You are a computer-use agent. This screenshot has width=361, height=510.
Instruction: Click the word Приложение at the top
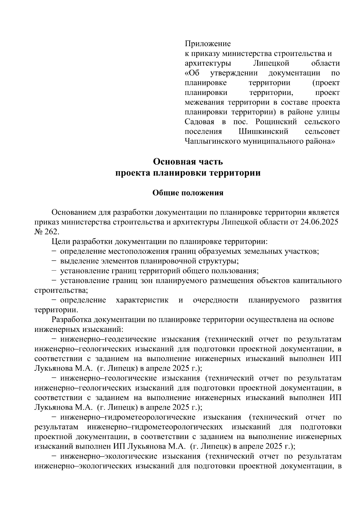coord(208,44)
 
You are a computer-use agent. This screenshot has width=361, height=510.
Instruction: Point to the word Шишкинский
coord(263,132)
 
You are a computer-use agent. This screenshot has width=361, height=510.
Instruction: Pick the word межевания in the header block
coord(204,102)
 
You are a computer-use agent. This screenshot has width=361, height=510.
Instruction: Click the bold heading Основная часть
coord(188,162)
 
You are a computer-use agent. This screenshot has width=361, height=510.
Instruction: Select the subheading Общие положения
coord(188,193)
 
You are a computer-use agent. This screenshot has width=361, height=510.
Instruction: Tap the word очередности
coord(216,300)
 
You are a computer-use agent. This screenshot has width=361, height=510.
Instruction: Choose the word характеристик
coord(142,300)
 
